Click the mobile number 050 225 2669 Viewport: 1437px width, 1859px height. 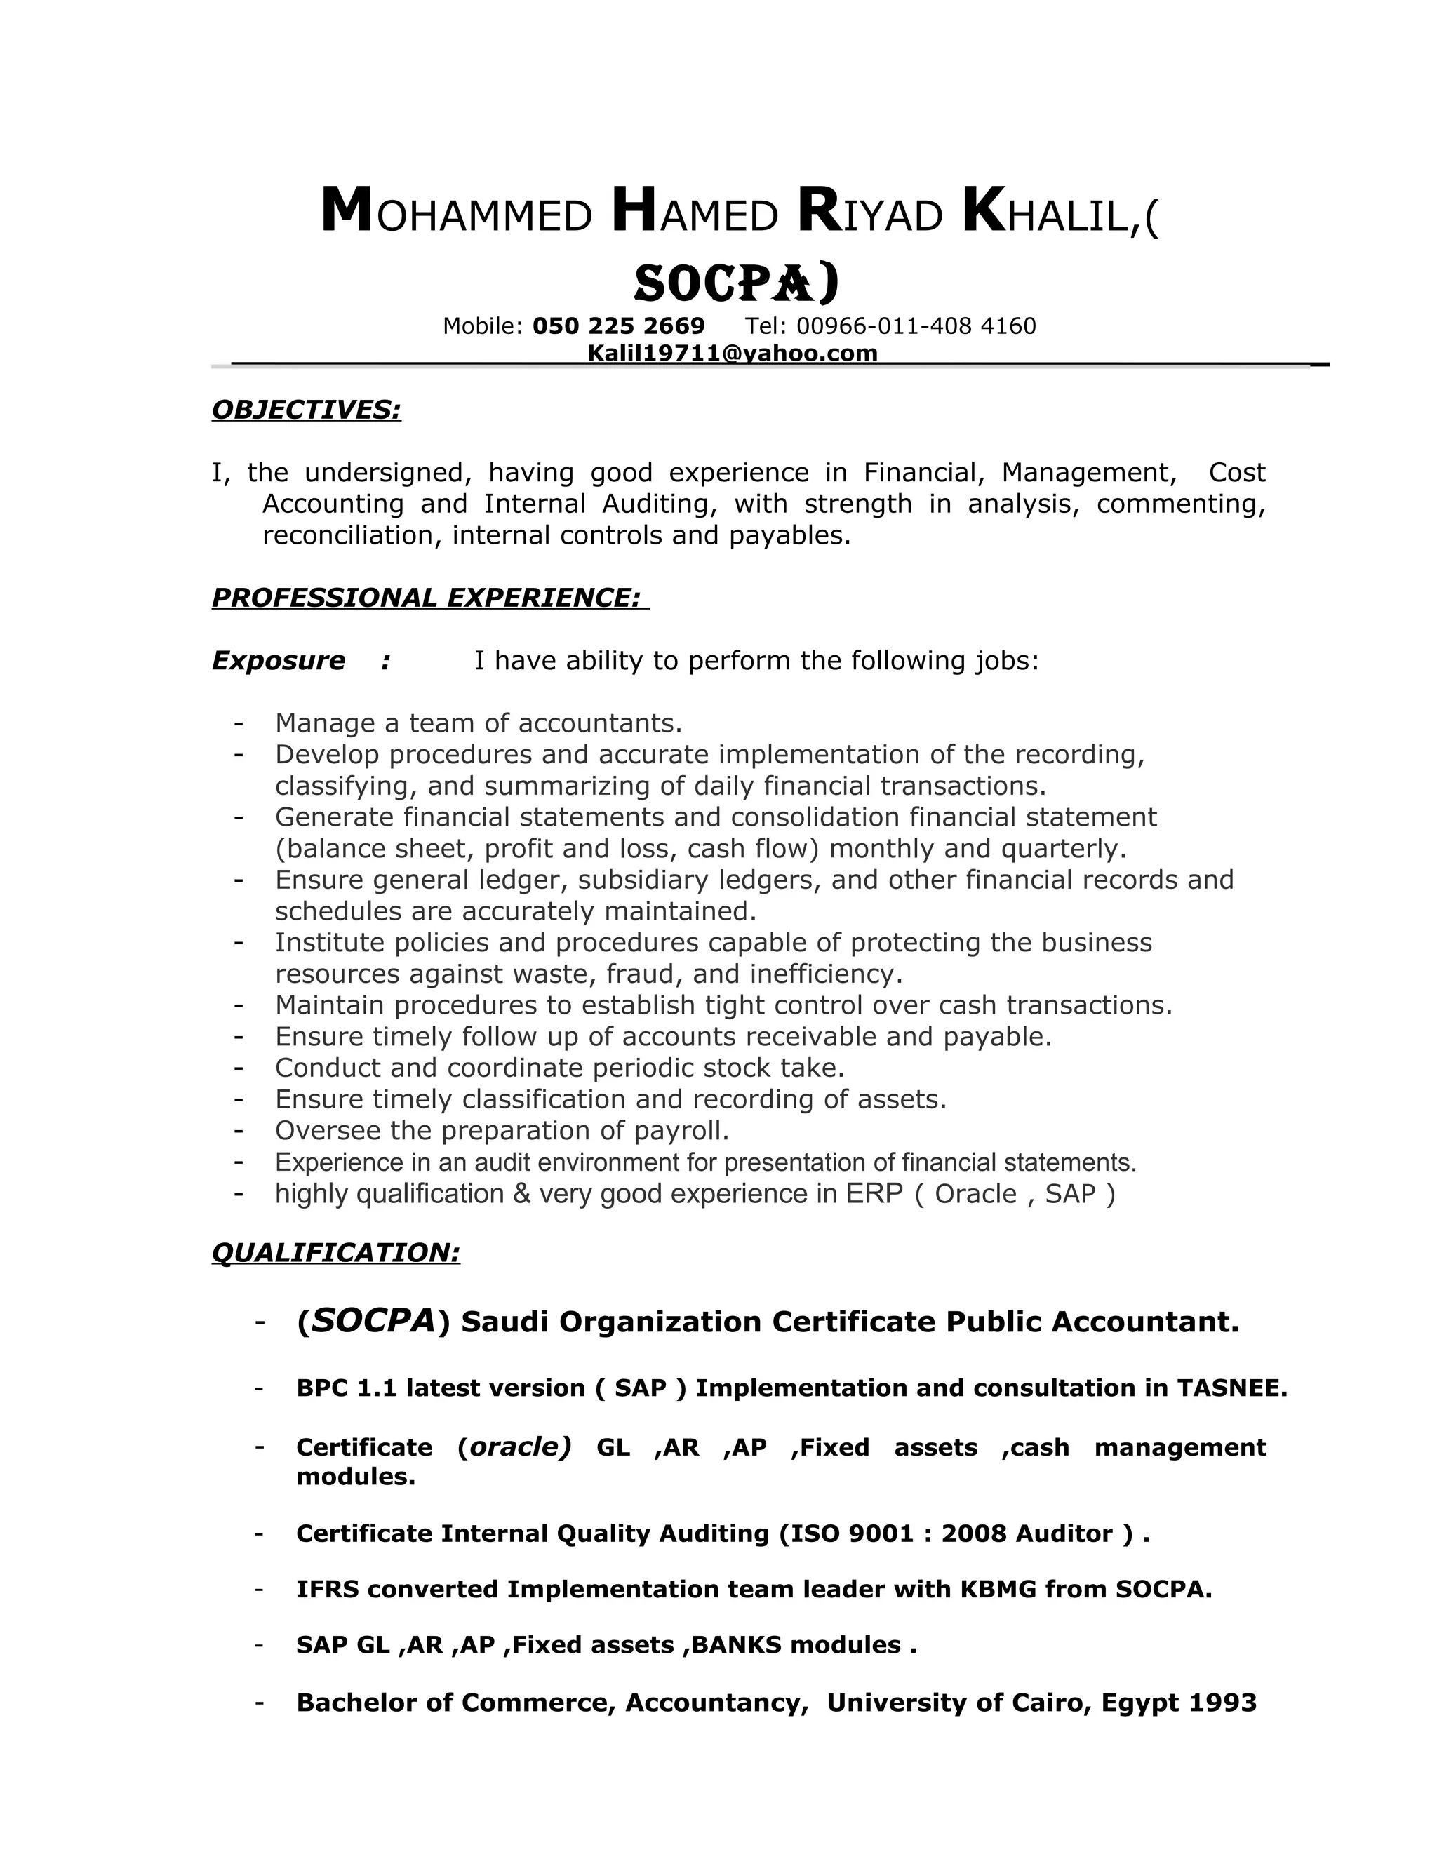(x=618, y=326)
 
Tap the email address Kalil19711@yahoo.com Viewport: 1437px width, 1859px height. (x=732, y=354)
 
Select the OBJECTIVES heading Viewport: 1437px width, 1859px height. (x=306, y=410)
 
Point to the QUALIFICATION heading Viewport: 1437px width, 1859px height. (x=335, y=1252)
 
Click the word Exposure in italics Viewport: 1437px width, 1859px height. (x=279, y=661)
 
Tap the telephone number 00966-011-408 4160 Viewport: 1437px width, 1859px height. (x=916, y=326)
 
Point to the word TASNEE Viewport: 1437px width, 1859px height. (x=1231, y=1388)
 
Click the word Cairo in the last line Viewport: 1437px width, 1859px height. (x=1049, y=1703)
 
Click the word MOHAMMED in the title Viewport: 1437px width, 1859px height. (x=456, y=213)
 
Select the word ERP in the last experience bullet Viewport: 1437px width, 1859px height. (x=874, y=1194)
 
